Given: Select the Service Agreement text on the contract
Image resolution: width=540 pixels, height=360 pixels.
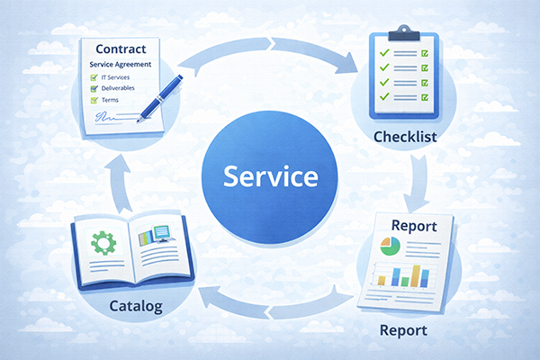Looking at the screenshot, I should coord(121,67).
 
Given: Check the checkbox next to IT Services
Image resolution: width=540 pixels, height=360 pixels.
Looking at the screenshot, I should coord(94,79).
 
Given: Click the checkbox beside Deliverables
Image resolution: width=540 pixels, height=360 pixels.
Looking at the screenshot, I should coord(94,91).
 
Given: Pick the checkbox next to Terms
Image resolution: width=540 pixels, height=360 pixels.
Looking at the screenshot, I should coord(94,102).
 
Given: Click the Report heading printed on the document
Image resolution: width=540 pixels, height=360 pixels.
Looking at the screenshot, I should coord(409,226).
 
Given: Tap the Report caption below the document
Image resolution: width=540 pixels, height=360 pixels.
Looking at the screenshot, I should coord(402,330).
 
